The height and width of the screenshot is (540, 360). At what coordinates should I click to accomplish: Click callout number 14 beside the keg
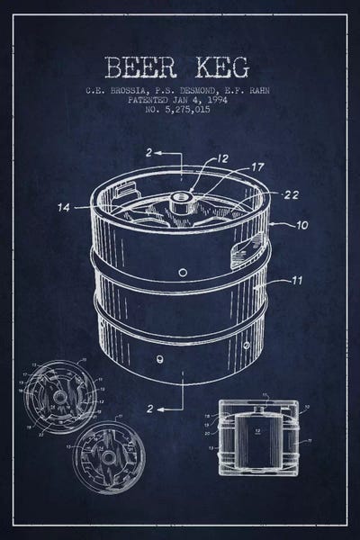[x=64, y=208]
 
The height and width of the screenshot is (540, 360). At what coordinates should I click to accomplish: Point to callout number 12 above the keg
[x=222, y=159]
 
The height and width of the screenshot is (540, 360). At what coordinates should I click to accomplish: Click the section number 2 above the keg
[x=147, y=154]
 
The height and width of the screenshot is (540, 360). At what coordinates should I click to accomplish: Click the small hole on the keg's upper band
[x=183, y=272]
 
